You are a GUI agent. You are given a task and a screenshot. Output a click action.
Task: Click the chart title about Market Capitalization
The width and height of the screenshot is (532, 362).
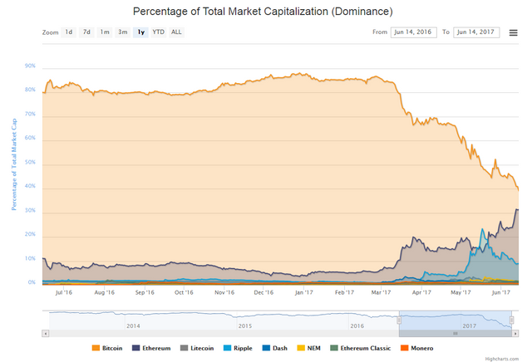(263, 12)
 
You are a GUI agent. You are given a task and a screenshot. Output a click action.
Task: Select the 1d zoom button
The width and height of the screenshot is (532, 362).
(69, 32)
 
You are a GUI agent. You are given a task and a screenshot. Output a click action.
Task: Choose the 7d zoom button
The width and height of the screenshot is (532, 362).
(86, 32)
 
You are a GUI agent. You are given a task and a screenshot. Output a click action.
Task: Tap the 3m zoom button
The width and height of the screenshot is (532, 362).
(122, 32)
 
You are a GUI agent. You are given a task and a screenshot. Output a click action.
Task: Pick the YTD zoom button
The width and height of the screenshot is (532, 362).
(158, 32)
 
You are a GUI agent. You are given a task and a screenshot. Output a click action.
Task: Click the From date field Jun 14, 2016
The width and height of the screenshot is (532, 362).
(413, 32)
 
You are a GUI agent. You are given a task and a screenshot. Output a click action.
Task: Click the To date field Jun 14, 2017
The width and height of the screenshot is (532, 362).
(475, 32)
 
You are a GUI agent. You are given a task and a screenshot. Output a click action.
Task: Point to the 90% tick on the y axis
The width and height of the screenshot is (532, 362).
(31, 66)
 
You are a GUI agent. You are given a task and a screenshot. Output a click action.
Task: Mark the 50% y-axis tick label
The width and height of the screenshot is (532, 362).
(31, 163)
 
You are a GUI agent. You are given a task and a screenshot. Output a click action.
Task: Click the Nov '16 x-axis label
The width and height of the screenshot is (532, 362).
(224, 292)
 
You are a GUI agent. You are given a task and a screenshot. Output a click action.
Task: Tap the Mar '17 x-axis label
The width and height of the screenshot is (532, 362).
(382, 292)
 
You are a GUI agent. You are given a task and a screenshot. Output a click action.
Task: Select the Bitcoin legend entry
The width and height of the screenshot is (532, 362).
(107, 349)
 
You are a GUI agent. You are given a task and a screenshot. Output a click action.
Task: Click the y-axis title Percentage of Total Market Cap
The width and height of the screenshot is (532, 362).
(14, 164)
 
